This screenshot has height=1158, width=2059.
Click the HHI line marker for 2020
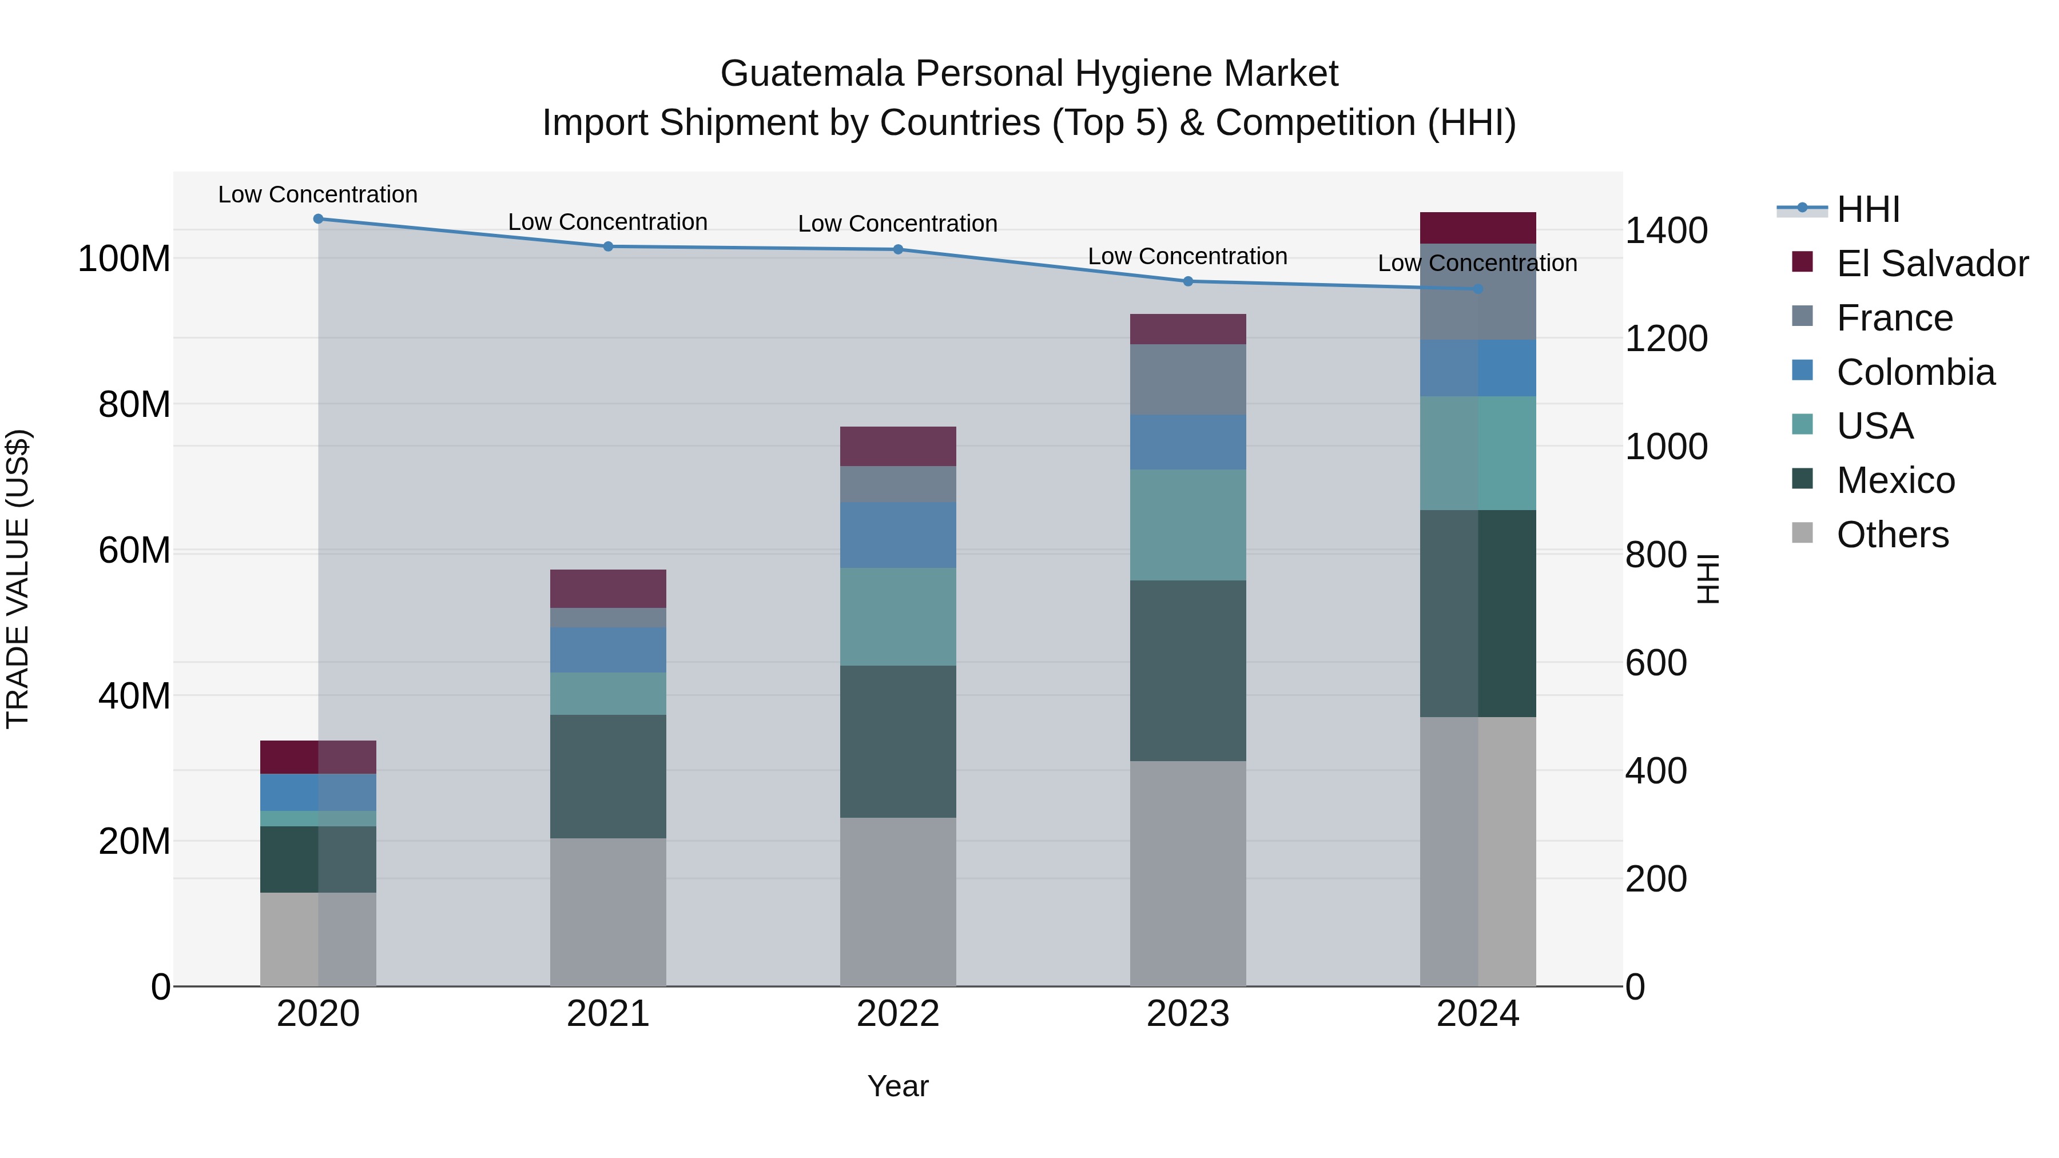pyautogui.click(x=318, y=219)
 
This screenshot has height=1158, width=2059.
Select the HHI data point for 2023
pyautogui.click(x=1188, y=281)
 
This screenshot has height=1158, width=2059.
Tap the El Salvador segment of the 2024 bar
pyautogui.click(x=1477, y=228)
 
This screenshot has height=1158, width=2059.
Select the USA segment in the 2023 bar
pyautogui.click(x=1188, y=524)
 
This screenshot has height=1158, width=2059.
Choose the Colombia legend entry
pyautogui.click(x=1915, y=372)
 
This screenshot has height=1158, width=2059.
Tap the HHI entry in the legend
pyautogui.click(x=1867, y=209)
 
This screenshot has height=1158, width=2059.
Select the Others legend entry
pyautogui.click(x=1892, y=535)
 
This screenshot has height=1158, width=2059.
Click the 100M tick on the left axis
pyautogui.click(x=124, y=259)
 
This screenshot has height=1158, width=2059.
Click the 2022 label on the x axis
pyautogui.click(x=897, y=1014)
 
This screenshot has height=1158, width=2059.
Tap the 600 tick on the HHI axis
pyautogui.click(x=1656, y=663)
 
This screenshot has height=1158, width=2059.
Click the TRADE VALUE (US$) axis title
pyautogui.click(x=18, y=579)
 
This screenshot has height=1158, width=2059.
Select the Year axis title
pyautogui.click(x=897, y=1086)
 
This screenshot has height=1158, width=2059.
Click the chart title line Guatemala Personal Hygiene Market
pyautogui.click(x=1029, y=74)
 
